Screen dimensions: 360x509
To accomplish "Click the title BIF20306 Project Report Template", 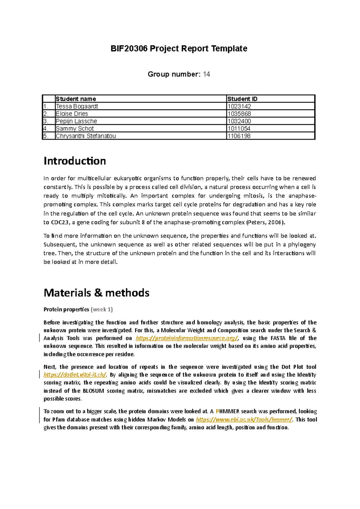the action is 179,49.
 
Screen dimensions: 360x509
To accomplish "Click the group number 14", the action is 206,74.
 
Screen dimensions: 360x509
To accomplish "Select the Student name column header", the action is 76,99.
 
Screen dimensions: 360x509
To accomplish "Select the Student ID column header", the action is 242,99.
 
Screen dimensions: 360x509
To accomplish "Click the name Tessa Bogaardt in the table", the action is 77,106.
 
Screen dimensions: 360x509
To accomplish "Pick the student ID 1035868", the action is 239,114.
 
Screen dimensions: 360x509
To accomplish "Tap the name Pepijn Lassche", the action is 76,121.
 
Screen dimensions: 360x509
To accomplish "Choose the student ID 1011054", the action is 239,129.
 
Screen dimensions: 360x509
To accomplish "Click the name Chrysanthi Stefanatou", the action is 85,136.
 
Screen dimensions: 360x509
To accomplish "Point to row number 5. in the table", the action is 46,136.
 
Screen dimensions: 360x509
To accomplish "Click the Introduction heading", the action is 75,161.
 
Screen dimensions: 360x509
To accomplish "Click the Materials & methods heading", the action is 96,293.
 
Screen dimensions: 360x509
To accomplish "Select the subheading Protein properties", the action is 66,309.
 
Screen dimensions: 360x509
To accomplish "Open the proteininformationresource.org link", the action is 187,338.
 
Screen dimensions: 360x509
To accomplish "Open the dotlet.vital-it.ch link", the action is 75,375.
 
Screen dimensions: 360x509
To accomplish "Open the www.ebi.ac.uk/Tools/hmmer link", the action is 244,420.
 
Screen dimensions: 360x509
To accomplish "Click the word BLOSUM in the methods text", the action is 93,391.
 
